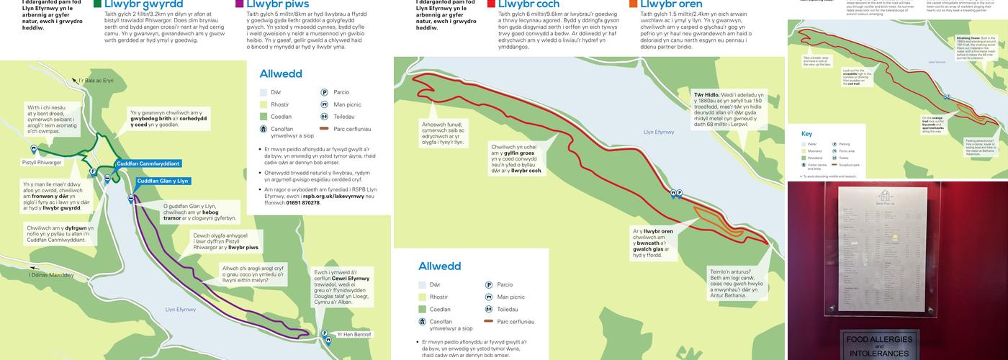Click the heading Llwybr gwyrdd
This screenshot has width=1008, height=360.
pyautogui.click(x=143, y=4)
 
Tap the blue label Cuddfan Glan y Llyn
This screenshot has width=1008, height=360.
pyautogui.click(x=163, y=181)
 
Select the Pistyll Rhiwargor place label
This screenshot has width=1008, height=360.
pyautogui.click(x=42, y=163)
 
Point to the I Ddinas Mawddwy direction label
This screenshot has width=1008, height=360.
pyautogui.click(x=51, y=275)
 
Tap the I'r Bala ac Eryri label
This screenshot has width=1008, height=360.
pyautogui.click(x=96, y=81)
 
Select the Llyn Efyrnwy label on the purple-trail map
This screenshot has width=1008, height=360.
pyautogui.click(x=181, y=310)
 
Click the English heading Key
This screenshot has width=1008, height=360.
pyautogui.click(x=806, y=134)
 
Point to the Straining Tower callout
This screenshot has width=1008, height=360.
pyautogui.click(x=975, y=51)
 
